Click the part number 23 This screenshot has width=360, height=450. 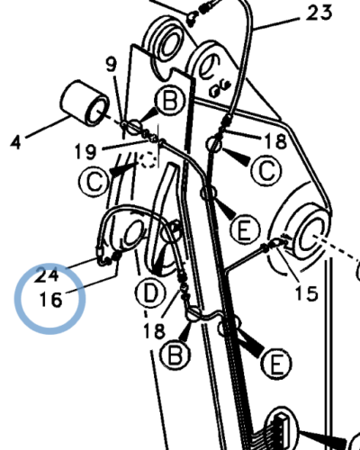[319, 13]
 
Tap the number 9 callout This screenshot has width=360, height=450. [112, 64]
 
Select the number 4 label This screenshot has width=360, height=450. [16, 142]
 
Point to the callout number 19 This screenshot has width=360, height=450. [85, 151]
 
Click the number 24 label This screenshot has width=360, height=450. [46, 275]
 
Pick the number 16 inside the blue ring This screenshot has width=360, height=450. [51, 300]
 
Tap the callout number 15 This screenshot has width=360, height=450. [306, 292]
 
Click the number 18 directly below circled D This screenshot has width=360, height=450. [154, 331]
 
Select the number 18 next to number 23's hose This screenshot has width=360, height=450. [275, 141]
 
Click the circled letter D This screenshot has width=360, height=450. [150, 293]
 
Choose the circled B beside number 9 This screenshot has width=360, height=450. [169, 101]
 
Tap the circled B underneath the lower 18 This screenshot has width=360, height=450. [175, 355]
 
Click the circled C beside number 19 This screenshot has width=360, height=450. [94, 182]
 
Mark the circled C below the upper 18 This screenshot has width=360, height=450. [266, 171]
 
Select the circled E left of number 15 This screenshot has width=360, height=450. [245, 229]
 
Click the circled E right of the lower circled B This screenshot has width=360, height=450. [276, 364]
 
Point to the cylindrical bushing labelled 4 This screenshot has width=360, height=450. [85, 103]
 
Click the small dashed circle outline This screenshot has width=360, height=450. [148, 160]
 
